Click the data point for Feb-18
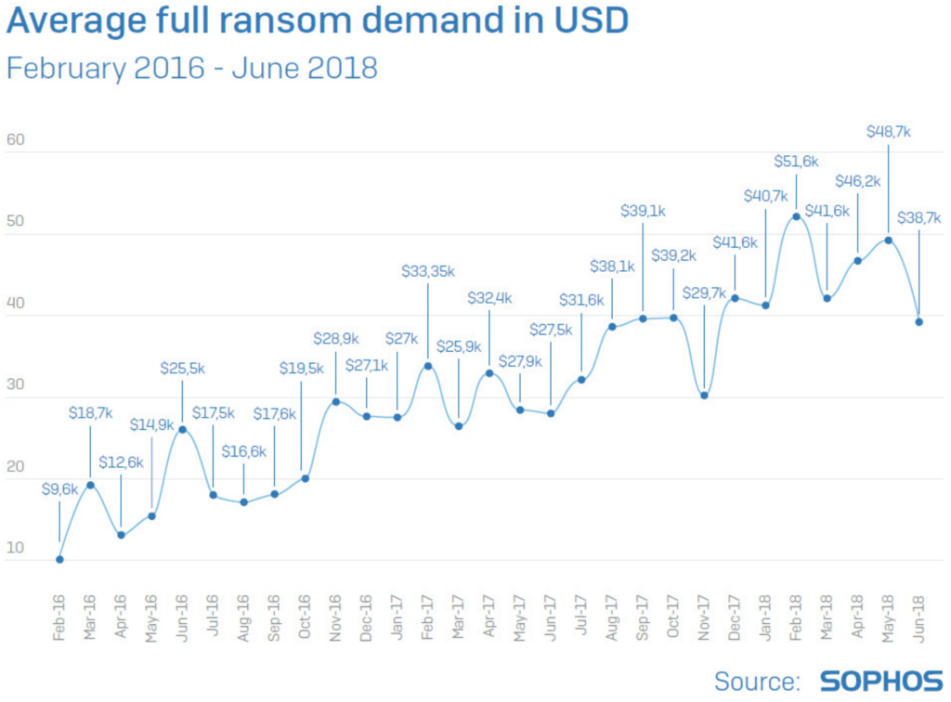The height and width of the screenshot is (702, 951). point(797,216)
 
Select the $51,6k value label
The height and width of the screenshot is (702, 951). point(796,162)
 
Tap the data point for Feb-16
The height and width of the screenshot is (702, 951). point(59,559)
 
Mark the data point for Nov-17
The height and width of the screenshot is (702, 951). point(705,396)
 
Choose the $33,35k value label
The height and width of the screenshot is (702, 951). point(427,271)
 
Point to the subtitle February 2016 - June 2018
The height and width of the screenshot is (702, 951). point(192,68)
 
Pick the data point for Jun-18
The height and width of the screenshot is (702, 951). point(919,321)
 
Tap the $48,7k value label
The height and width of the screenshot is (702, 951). point(887,132)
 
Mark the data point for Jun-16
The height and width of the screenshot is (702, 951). point(182,429)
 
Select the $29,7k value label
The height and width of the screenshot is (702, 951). point(704,292)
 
